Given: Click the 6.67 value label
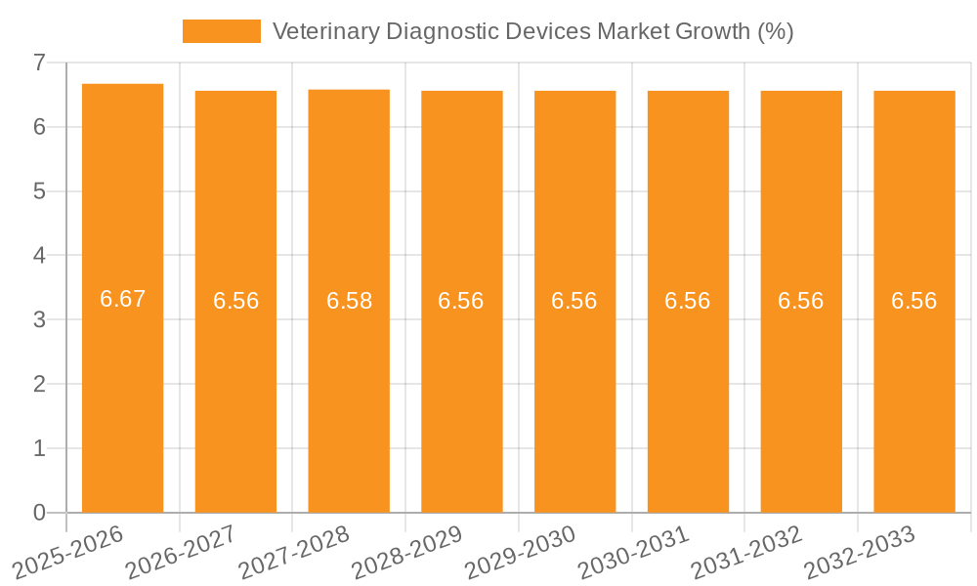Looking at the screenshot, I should (x=122, y=299).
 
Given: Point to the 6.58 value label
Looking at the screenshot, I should (x=349, y=301).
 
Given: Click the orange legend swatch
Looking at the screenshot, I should (x=222, y=31).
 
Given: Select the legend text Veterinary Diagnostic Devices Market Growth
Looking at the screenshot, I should (x=532, y=31).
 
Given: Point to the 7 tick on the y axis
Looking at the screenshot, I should (x=39, y=63).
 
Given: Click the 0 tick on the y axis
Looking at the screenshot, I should (x=39, y=513).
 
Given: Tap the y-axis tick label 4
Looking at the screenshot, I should (x=39, y=256).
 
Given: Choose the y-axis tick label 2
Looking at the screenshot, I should (x=39, y=384).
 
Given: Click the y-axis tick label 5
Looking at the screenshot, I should (x=39, y=191).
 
